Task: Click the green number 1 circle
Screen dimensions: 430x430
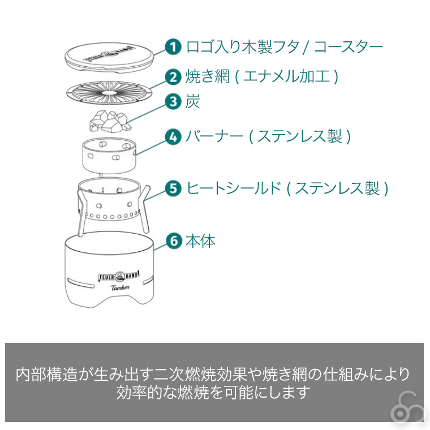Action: (x=173, y=46)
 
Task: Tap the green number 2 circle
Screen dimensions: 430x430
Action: (x=173, y=77)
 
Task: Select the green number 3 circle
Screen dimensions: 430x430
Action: (x=173, y=101)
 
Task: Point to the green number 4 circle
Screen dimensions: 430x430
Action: (x=173, y=136)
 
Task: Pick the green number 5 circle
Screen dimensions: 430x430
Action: (x=173, y=188)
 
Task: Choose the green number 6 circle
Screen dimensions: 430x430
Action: (x=174, y=241)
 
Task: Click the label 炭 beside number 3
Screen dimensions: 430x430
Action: (x=192, y=101)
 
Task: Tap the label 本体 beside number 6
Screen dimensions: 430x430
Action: (x=200, y=242)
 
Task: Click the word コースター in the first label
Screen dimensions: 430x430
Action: (x=349, y=47)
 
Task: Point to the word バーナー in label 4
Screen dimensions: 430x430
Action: (x=214, y=136)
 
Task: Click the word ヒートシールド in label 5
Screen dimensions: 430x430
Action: (x=234, y=188)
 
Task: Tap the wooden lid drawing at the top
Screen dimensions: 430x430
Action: (x=109, y=58)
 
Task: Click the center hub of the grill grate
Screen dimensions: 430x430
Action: (x=109, y=93)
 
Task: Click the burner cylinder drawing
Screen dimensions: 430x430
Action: (x=109, y=156)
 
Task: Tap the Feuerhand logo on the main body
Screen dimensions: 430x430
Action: (x=119, y=276)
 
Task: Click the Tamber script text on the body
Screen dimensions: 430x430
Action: (x=120, y=287)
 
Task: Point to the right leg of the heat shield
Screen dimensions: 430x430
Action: (x=145, y=208)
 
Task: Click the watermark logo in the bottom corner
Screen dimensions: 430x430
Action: (x=407, y=408)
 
